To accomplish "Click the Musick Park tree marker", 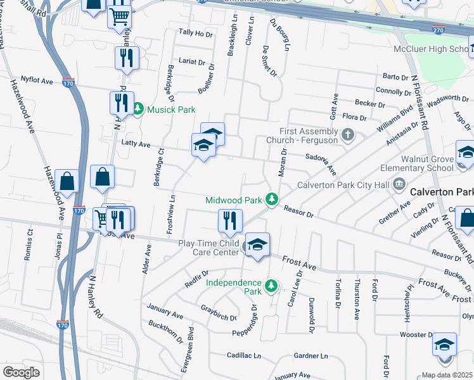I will (138, 110).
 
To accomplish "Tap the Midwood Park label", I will (233, 200).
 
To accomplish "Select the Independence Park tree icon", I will (271, 286).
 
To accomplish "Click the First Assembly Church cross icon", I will (347, 134).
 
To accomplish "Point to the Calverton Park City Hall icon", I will (399, 185).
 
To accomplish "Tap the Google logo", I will (22, 372).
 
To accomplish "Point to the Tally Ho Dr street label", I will (196, 33).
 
